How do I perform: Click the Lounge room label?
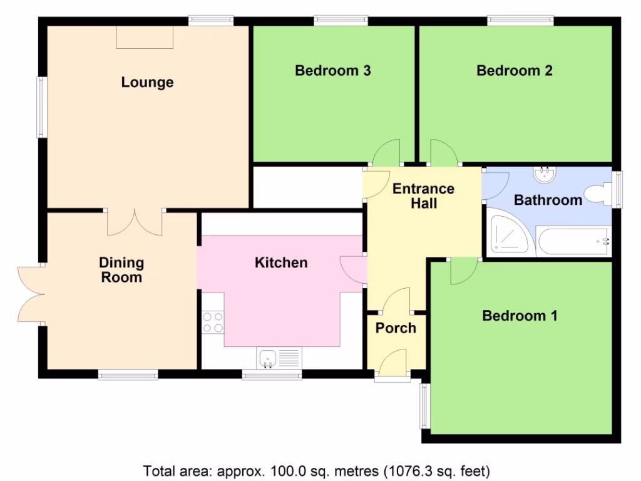pyautogui.click(x=147, y=82)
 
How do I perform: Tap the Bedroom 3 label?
pyautogui.click(x=333, y=70)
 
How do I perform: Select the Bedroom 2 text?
pyautogui.click(x=514, y=70)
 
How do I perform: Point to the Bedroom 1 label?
pyautogui.click(x=519, y=316)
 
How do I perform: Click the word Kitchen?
pyautogui.click(x=281, y=262)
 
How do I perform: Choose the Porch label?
pyautogui.click(x=396, y=328)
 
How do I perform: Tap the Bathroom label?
pyautogui.click(x=548, y=200)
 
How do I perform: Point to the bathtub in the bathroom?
pyautogui.click(x=573, y=242)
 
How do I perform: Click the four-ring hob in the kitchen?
pyautogui.click(x=213, y=322)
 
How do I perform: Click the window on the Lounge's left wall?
pyautogui.click(x=41, y=107)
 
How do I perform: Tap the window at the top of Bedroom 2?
pyautogui.click(x=520, y=21)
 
